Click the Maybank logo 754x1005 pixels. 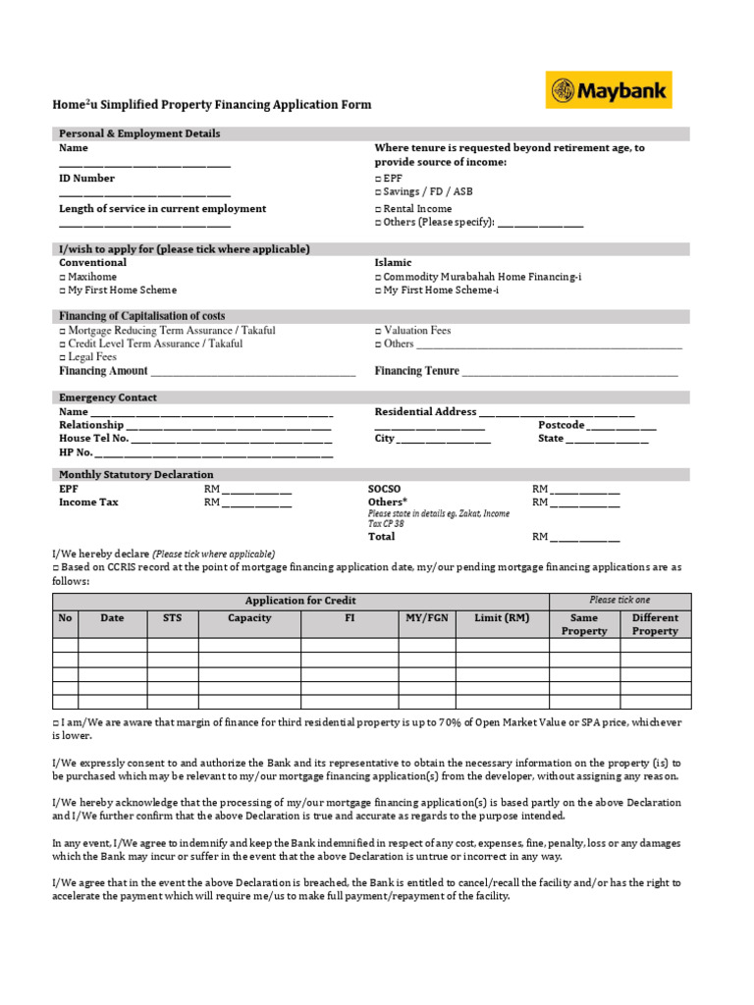[x=609, y=90]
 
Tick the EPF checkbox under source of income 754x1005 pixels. [x=378, y=179]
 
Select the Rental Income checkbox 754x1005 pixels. [x=378, y=209]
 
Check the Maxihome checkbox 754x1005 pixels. [x=62, y=277]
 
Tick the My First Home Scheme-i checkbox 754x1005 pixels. [x=378, y=291]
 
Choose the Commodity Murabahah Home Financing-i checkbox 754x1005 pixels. [x=378, y=277]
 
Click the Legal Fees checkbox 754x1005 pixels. [x=62, y=357]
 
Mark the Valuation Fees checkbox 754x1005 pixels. [x=378, y=331]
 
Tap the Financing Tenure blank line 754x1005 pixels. [x=569, y=374]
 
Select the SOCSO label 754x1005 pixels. [x=384, y=489]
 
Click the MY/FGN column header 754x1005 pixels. [x=427, y=618]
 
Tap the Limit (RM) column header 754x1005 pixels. [x=502, y=618]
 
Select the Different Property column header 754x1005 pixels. [x=655, y=624]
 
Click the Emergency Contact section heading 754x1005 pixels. [x=108, y=397]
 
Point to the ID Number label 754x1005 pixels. [x=86, y=179]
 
